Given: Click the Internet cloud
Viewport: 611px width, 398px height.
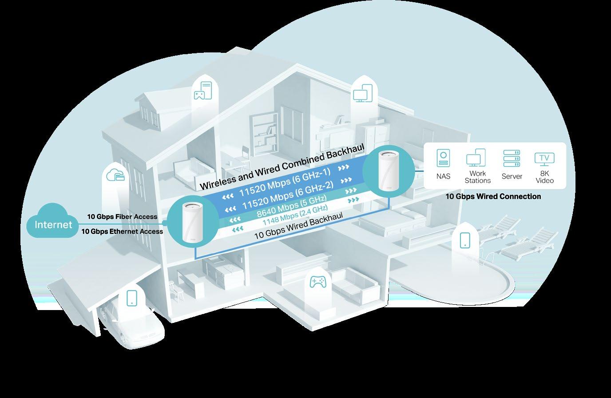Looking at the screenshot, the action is click(53, 224).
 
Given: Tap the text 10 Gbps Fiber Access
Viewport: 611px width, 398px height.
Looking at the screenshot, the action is click(122, 217).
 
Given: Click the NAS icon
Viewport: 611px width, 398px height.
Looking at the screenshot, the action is click(443, 159).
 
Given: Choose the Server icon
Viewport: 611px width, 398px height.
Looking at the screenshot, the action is click(512, 159).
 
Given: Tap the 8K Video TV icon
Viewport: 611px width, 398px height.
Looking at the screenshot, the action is click(544, 159).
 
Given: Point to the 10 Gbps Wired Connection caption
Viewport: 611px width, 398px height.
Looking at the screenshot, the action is click(493, 196).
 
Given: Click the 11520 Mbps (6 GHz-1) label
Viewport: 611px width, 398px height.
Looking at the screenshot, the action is click(285, 183).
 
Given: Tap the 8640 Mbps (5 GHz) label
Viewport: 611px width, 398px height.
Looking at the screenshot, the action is click(291, 207).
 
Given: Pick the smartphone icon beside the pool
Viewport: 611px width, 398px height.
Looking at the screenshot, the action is click(465, 240).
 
